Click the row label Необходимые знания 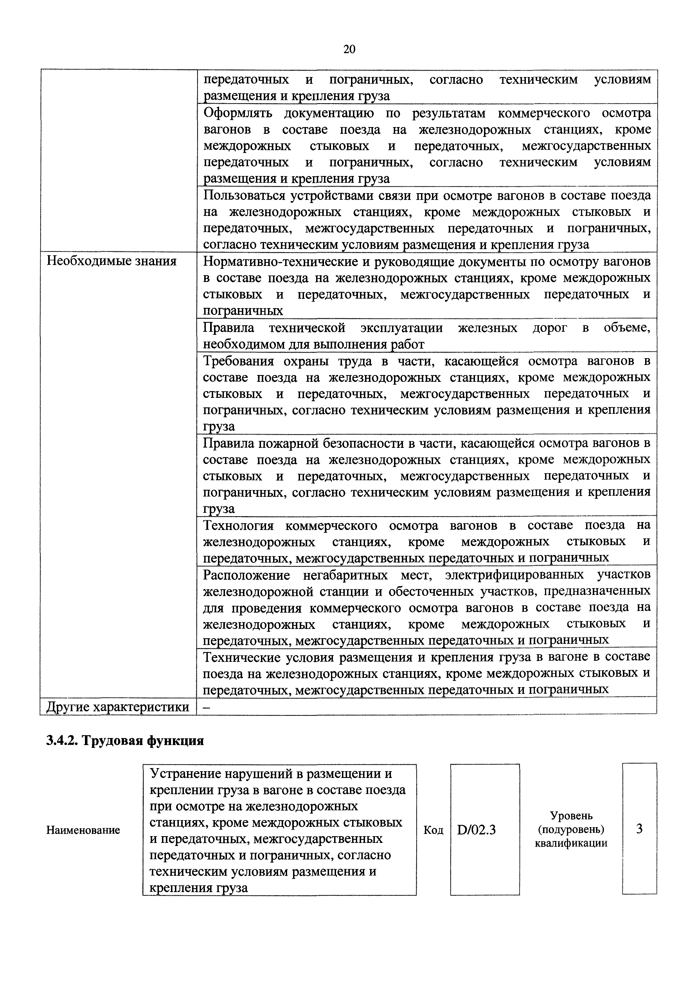(112, 261)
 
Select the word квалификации (571, 843)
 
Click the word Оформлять (238, 113)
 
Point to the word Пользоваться (244, 196)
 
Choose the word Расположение (246, 575)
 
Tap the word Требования (238, 361)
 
